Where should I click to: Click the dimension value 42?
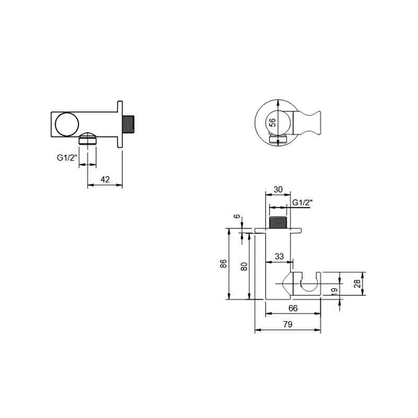(105, 179)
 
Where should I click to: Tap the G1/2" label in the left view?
(67, 158)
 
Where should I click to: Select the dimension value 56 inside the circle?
(272, 123)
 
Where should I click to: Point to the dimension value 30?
(278, 190)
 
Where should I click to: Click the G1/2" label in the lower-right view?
(303, 203)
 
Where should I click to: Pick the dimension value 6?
(237, 216)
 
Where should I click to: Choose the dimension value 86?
(224, 264)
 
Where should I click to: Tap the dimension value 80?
(243, 266)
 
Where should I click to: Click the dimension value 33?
(279, 256)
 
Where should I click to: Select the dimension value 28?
(357, 283)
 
